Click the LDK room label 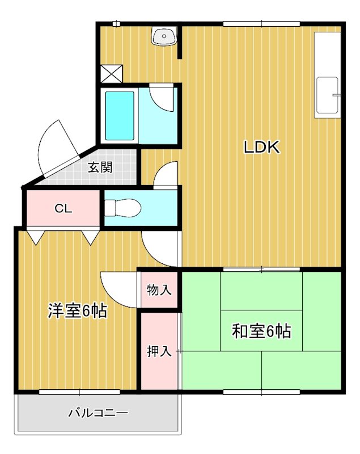(262, 148)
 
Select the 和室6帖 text (261, 331)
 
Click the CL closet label (63, 208)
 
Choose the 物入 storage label (159, 291)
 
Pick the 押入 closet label (159, 351)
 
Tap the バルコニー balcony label (98, 413)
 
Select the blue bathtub (120, 116)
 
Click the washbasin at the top (165, 36)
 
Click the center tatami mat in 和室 (261, 331)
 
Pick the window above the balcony (79, 392)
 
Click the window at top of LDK (261, 23)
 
